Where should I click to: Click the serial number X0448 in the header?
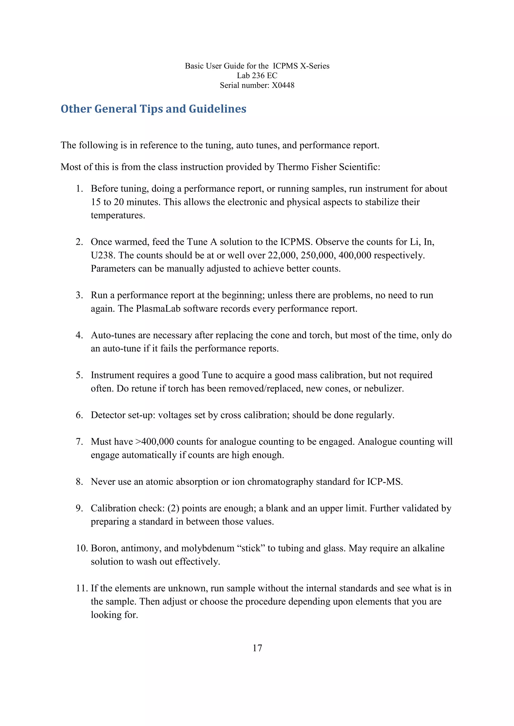click(283, 85)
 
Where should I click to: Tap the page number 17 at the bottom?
click(257, 648)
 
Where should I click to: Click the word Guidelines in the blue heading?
click(218, 109)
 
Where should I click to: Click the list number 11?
click(81, 588)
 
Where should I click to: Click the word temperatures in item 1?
click(117, 215)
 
